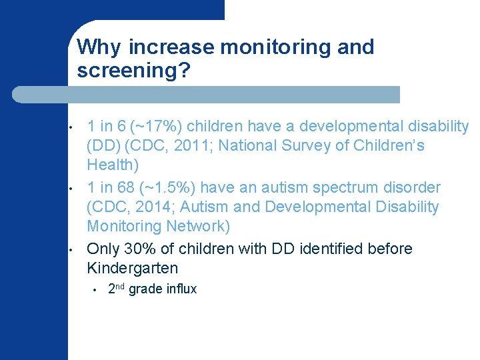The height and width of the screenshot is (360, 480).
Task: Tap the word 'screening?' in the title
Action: coord(134,71)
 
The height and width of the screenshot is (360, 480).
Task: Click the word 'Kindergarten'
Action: coord(133,268)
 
